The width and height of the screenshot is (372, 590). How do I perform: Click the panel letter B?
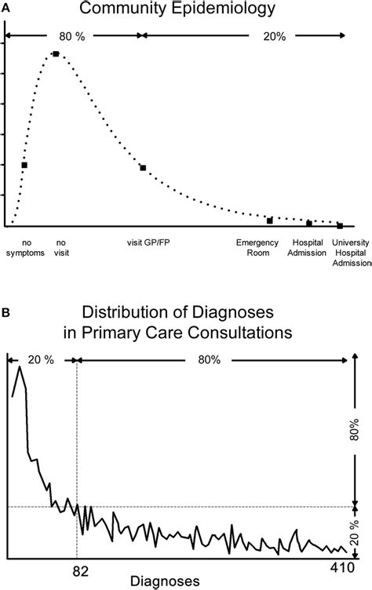point(5,311)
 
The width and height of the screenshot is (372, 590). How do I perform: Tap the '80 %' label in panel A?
point(71,35)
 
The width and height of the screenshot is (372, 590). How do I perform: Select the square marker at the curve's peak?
point(56,53)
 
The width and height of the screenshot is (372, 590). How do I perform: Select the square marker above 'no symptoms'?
point(24,165)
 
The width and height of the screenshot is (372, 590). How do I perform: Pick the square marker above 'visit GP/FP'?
point(143,168)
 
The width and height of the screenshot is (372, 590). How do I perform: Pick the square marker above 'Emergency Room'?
point(270,220)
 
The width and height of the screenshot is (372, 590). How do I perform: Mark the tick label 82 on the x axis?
point(75,564)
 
